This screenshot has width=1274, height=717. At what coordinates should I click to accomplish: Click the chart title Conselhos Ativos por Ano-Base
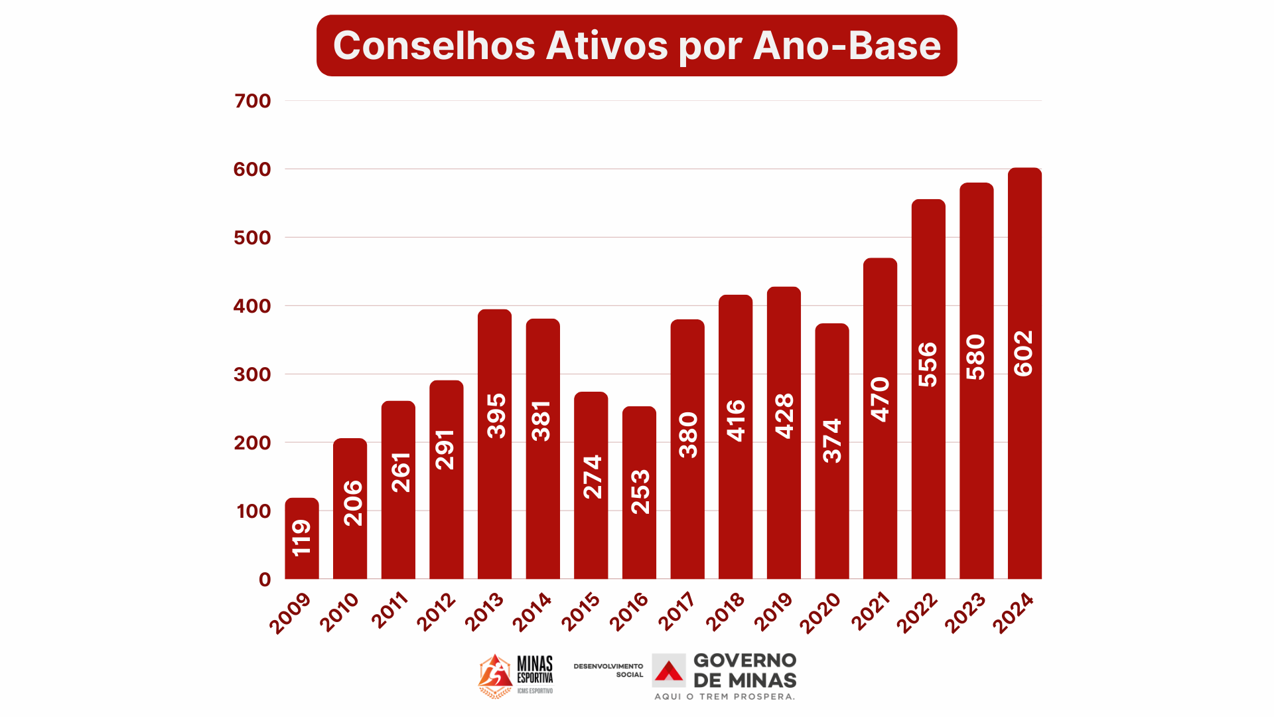[636, 45]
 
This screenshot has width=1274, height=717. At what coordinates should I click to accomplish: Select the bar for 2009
[302, 538]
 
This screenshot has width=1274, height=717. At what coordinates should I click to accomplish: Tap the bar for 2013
[494, 444]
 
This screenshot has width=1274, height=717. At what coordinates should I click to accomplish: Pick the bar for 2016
[639, 493]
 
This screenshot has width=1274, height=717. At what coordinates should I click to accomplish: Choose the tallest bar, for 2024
[1025, 373]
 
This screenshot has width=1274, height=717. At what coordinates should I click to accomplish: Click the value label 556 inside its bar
[928, 364]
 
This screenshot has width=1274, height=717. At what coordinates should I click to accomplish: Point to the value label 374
[832, 440]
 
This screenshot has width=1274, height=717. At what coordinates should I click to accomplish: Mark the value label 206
[353, 503]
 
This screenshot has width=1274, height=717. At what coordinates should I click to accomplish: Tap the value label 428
[784, 416]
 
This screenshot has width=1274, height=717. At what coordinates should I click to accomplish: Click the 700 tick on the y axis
[253, 101]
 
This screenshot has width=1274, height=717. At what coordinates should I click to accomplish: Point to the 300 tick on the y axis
[252, 374]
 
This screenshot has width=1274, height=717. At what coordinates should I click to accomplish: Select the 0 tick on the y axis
[265, 580]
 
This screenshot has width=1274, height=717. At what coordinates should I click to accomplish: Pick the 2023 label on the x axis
[965, 613]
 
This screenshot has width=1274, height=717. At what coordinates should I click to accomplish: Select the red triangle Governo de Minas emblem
[669, 671]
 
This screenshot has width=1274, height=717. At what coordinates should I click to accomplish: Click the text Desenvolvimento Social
[608, 670]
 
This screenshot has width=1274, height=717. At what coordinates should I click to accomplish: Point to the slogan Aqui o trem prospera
[725, 696]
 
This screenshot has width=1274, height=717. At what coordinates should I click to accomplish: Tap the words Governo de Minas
[744, 671]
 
